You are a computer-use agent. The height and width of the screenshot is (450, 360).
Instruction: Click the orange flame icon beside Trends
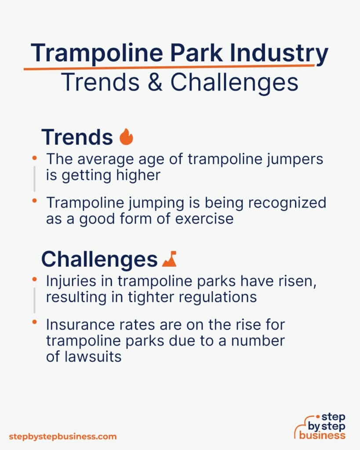point(126,137)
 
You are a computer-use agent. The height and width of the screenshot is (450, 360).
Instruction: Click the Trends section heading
point(77,137)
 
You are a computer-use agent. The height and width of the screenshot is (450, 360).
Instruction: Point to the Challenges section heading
point(99,259)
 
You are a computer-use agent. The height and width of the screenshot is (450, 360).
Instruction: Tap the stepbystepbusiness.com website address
point(63,436)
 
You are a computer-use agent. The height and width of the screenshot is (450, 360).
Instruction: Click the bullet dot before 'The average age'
point(35,157)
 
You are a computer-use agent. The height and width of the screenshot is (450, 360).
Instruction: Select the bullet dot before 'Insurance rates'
point(35,323)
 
